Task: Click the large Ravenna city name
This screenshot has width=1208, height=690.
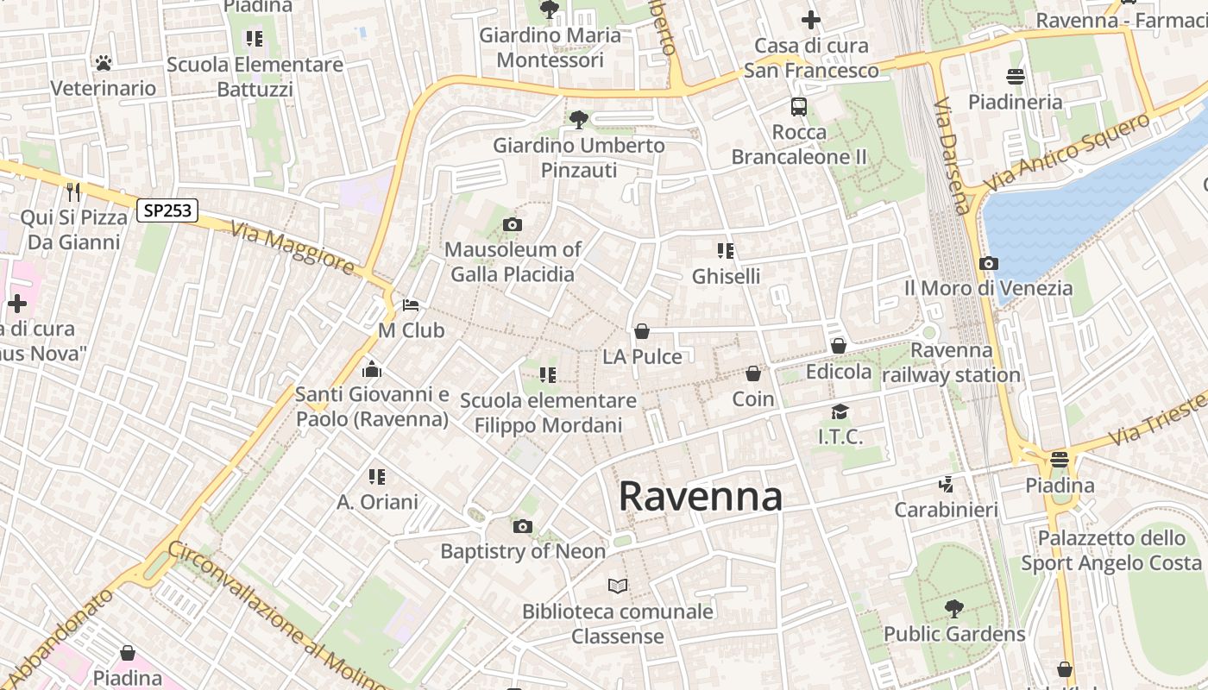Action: pyautogui.click(x=700, y=496)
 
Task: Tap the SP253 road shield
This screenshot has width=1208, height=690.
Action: pyautogui.click(x=167, y=210)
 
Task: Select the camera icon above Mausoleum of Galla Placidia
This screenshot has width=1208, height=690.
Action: pyautogui.click(x=512, y=225)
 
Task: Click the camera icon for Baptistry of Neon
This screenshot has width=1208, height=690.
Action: pyautogui.click(x=522, y=526)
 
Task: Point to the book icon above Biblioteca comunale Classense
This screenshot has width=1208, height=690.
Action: pyautogui.click(x=618, y=586)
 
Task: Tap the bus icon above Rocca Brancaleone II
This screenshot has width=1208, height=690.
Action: pyautogui.click(x=799, y=107)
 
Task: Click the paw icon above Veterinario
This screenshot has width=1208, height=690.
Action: pyautogui.click(x=104, y=63)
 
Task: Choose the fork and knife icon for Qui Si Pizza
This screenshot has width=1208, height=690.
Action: pyautogui.click(x=73, y=191)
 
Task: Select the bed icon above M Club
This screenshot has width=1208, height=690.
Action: pyautogui.click(x=411, y=305)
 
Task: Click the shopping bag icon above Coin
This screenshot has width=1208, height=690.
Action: pyautogui.click(x=753, y=373)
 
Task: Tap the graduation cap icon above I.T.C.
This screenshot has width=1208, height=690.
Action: pyautogui.click(x=840, y=411)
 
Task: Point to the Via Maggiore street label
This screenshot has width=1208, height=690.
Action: pyautogui.click(x=293, y=248)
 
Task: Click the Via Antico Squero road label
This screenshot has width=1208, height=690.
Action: pyautogui.click(x=1067, y=152)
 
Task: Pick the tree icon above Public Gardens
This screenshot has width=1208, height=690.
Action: pyautogui.click(x=953, y=609)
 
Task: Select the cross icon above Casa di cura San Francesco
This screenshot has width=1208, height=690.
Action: pyautogui.click(x=810, y=19)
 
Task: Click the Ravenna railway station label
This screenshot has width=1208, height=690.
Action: pyautogui.click(x=952, y=363)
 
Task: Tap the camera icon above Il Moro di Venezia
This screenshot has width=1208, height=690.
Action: pyautogui.click(x=989, y=263)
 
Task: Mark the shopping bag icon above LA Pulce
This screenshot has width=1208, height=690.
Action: pyautogui.click(x=641, y=331)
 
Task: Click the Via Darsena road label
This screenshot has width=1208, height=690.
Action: pyautogui.click(x=952, y=155)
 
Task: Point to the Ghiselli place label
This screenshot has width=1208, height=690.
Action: pyautogui.click(x=727, y=276)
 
